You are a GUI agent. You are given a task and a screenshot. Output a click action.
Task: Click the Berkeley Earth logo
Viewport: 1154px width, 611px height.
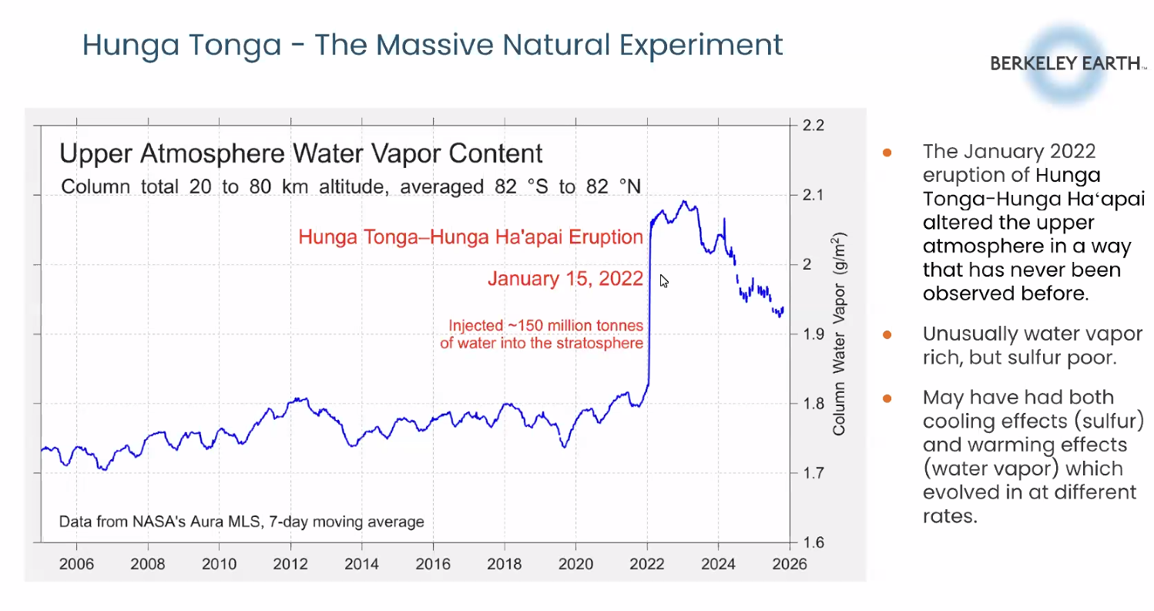point(1067,64)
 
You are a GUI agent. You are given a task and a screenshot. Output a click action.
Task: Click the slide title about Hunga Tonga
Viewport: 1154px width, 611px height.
point(432,45)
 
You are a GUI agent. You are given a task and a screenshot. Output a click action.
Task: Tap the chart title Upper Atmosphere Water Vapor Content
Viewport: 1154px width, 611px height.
point(301,153)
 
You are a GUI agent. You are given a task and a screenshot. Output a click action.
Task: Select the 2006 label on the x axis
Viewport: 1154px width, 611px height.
point(76,564)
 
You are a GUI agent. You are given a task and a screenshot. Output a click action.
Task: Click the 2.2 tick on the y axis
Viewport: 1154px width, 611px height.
point(815,126)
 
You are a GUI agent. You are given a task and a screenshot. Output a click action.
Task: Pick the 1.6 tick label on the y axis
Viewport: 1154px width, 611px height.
point(815,542)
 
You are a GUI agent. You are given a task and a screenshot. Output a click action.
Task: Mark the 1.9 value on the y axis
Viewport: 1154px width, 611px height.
point(815,334)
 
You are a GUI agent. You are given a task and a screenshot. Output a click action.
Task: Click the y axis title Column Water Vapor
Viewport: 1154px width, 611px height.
point(839,334)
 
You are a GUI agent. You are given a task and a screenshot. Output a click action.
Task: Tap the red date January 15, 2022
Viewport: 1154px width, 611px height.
point(565,279)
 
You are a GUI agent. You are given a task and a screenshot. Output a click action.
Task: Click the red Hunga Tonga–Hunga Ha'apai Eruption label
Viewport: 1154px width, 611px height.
point(471,237)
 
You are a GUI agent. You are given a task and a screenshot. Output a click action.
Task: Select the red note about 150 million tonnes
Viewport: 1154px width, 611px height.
point(542,334)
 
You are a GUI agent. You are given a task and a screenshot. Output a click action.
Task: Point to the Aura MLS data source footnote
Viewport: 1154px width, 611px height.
point(242,522)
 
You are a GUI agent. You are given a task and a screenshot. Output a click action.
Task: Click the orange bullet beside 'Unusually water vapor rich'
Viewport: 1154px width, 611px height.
point(887,335)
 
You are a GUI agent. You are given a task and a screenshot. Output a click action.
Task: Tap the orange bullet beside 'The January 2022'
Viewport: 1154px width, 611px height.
point(887,151)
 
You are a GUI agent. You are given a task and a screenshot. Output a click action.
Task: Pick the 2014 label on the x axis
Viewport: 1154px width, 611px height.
point(361,564)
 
